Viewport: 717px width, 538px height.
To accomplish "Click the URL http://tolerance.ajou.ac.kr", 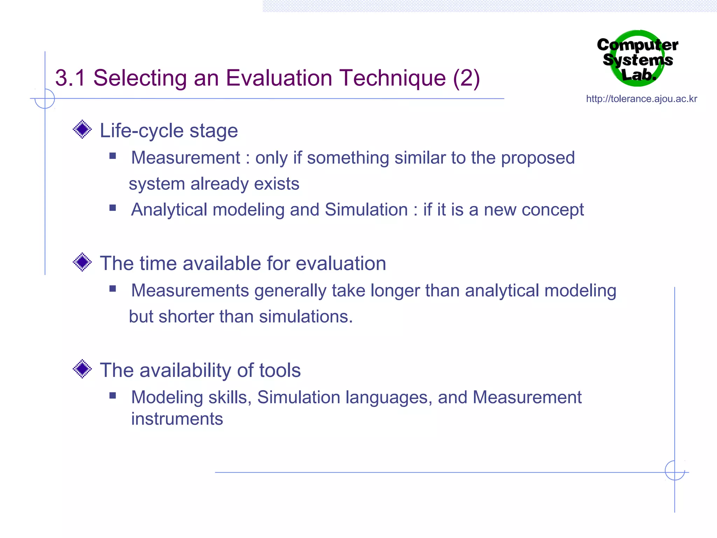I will click(x=641, y=99).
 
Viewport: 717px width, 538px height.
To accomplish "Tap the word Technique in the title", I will click(x=393, y=78).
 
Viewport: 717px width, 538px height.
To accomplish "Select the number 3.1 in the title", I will click(x=70, y=78).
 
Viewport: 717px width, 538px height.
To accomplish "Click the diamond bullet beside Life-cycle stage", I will click(x=82, y=129).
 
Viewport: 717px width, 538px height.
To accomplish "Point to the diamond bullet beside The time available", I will click(x=82, y=262).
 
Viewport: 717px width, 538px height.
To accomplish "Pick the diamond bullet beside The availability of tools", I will click(x=82, y=369).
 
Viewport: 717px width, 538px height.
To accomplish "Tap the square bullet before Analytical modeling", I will click(x=112, y=208).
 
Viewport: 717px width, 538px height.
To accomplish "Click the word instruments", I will click(x=177, y=419).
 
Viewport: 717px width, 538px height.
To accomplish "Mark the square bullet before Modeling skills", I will click(x=112, y=396).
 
